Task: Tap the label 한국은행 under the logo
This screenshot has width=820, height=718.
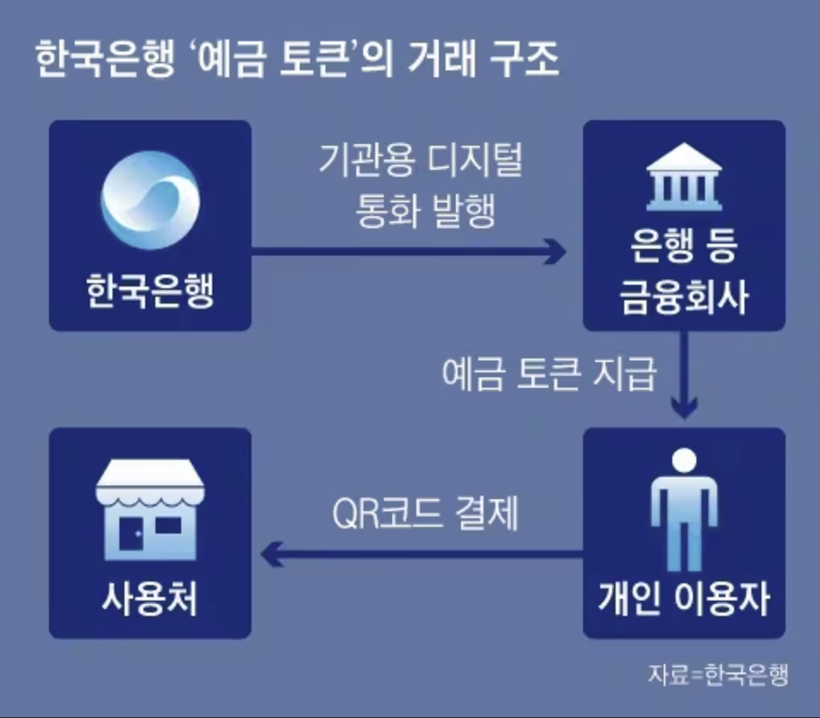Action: tap(150, 292)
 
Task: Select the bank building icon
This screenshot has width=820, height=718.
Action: tap(684, 180)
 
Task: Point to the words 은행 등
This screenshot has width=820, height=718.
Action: tap(684, 253)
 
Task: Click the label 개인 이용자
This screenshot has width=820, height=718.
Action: tap(683, 600)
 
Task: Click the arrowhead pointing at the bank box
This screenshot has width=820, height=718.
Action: tap(556, 252)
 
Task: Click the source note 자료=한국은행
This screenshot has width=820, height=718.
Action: tap(718, 673)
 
